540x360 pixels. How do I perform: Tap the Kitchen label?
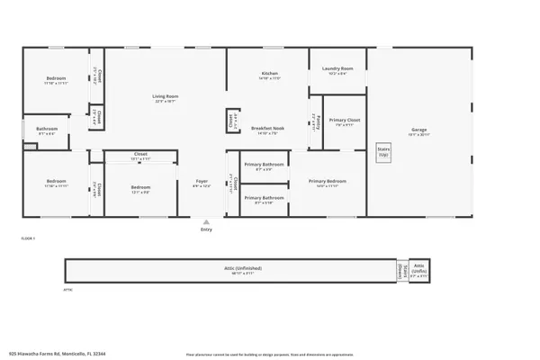pos(269,74)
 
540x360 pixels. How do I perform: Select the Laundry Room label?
pos(337,68)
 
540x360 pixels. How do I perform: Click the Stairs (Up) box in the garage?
pos(382,154)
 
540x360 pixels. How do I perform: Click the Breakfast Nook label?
pos(269,129)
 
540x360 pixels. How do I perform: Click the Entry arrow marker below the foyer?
pos(205,221)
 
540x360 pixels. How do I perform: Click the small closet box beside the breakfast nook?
pos(231,121)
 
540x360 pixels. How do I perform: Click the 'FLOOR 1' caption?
pos(27,237)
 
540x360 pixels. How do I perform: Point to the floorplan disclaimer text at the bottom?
pos(270,354)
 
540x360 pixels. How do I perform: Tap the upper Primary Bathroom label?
pos(263,165)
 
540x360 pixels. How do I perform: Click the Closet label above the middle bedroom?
pos(140,154)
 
